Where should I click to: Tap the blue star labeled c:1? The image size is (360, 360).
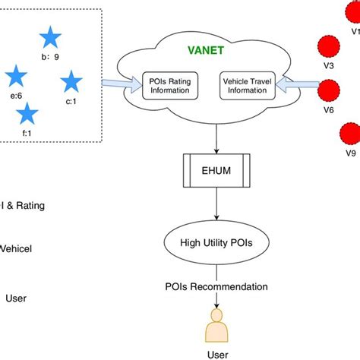[x=71, y=81]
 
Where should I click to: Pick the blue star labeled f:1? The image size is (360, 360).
[x=27, y=114]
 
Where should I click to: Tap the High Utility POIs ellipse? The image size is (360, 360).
[x=218, y=243]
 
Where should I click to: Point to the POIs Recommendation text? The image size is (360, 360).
[x=216, y=287]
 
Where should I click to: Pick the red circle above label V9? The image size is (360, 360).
[x=350, y=134]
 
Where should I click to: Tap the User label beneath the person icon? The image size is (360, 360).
[x=217, y=354]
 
